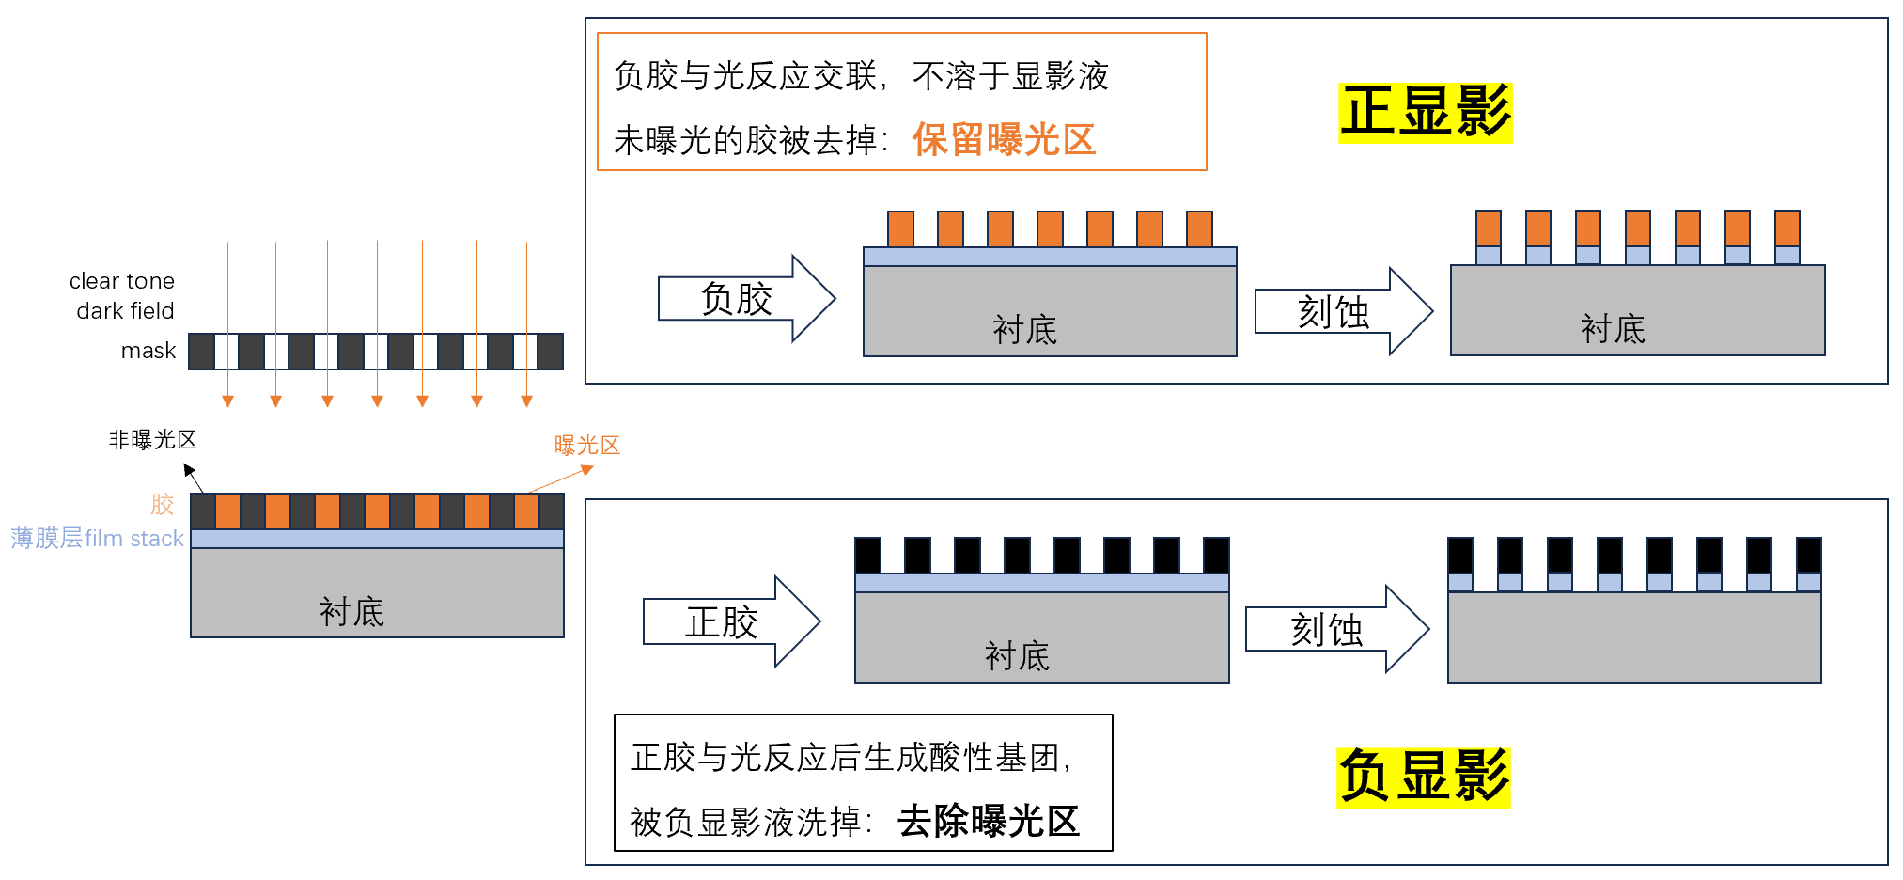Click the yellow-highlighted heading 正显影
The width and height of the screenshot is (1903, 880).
click(1425, 112)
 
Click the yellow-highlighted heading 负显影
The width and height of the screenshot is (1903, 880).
click(1423, 777)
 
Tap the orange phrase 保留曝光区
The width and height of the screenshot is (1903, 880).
click(1004, 140)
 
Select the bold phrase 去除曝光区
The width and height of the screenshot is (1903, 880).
click(988, 821)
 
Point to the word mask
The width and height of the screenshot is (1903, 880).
click(148, 351)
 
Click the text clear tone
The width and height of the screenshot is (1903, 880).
click(122, 281)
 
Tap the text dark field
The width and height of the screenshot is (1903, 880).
click(125, 311)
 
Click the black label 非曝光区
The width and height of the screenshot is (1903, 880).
click(152, 440)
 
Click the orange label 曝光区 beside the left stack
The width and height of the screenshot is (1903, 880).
click(587, 446)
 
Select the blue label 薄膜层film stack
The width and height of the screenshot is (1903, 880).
click(97, 539)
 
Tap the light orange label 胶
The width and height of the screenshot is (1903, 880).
click(163, 505)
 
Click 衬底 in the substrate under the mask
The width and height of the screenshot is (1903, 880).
click(351, 612)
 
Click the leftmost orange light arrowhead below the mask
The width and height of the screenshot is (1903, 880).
click(227, 401)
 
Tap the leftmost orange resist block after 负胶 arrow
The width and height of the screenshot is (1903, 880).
click(900, 229)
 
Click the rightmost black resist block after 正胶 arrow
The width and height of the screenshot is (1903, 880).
click(1216, 555)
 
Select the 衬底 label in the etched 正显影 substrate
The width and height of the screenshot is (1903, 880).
click(1613, 329)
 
